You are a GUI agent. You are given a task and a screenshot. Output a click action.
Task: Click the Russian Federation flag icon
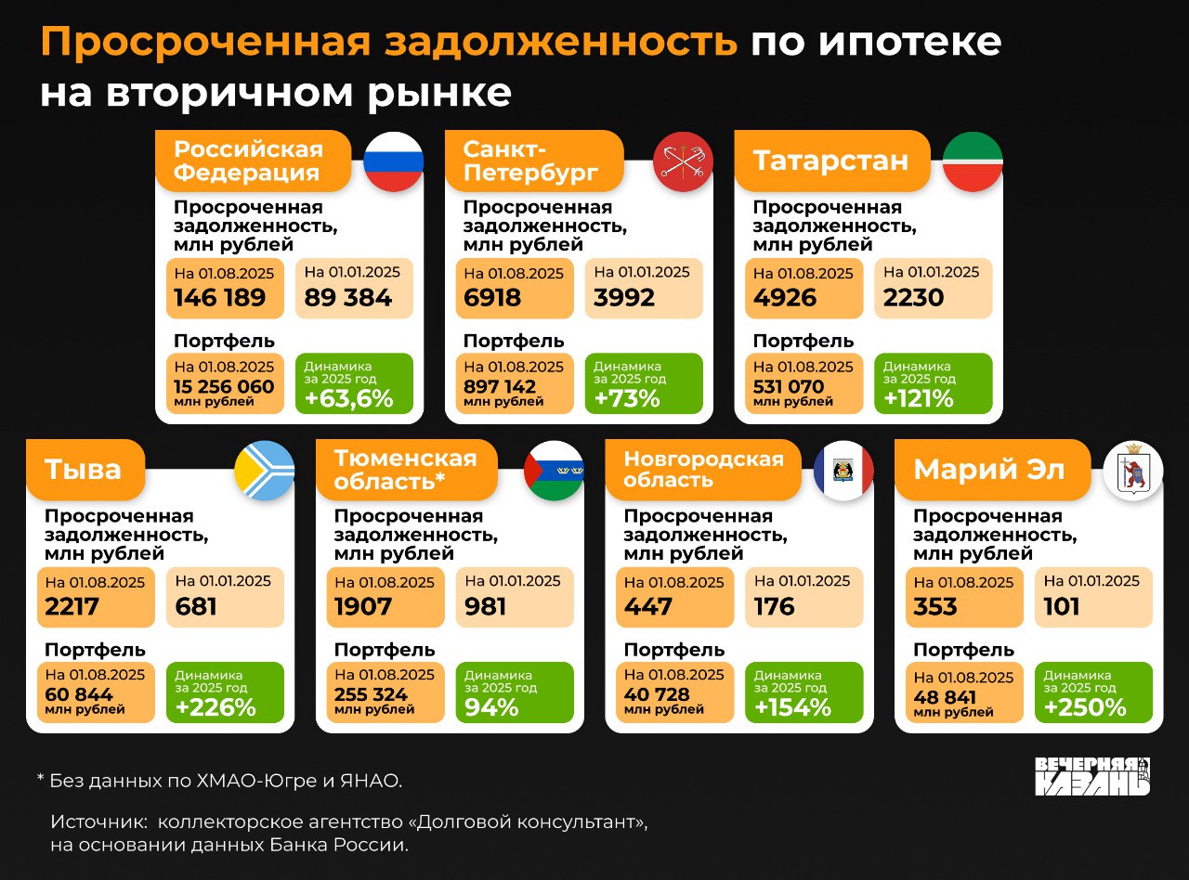[x=393, y=162]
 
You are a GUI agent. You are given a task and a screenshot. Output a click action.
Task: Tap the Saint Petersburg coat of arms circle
[x=683, y=162]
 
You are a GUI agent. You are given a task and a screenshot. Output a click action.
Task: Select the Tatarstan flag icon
[x=973, y=162]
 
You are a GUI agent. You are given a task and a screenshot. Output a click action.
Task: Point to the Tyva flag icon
[x=264, y=471]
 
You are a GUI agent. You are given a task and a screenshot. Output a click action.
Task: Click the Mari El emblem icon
[x=1132, y=471]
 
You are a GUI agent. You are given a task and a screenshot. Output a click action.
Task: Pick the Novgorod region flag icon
[x=843, y=471]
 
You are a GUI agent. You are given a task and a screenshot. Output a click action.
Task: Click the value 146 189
[x=220, y=298]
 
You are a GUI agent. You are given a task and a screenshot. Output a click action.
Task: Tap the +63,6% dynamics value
[x=348, y=399]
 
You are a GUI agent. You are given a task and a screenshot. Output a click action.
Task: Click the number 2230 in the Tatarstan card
[x=914, y=298]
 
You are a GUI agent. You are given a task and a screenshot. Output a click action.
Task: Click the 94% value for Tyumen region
[x=491, y=707]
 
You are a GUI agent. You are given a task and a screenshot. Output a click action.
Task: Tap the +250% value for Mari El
[x=1085, y=707]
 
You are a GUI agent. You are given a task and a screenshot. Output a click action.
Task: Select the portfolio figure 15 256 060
[x=225, y=386]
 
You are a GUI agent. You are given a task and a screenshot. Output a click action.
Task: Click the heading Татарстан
[x=830, y=161]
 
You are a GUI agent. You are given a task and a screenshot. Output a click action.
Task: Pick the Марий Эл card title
[x=988, y=470]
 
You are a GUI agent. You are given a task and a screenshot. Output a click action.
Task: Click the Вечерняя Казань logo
[x=1092, y=776]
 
